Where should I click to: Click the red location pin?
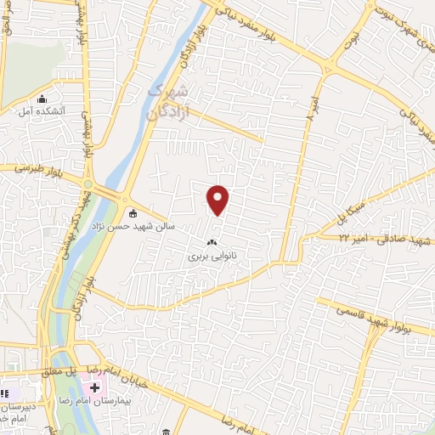(x=218, y=200)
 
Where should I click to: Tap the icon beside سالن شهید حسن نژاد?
(x=132, y=213)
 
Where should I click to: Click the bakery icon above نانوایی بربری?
(x=212, y=242)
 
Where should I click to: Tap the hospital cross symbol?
(x=93, y=387)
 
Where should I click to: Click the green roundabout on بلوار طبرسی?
(x=88, y=180)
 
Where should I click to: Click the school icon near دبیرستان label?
(x=8, y=393)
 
